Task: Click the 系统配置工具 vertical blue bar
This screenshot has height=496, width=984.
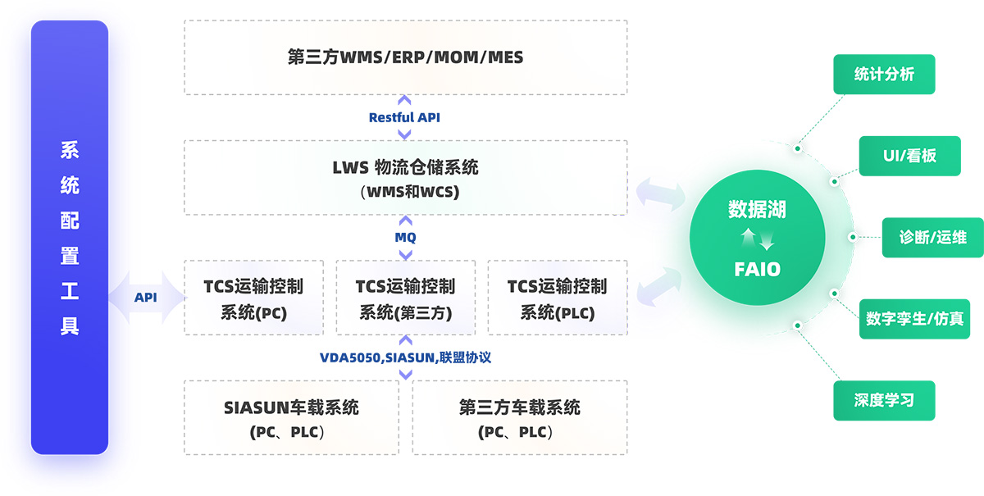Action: point(70,238)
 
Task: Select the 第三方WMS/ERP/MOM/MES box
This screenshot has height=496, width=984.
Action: point(405,57)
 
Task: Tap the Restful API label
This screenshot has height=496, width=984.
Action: point(404,117)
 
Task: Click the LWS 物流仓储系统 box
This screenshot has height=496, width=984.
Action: point(405,178)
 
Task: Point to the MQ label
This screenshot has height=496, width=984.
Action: point(405,238)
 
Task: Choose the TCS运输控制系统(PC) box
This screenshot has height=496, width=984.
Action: point(253,298)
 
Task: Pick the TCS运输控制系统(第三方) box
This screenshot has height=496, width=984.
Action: point(405,298)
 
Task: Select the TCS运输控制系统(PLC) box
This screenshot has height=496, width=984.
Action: point(557,298)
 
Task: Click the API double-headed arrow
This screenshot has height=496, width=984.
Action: point(146,298)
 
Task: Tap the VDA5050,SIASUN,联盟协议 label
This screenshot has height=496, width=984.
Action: point(405,357)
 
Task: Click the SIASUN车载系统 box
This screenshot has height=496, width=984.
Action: point(291,417)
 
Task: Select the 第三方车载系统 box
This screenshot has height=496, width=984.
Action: point(519,417)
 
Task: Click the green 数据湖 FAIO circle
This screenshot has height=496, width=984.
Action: point(757,239)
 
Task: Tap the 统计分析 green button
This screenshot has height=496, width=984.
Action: point(884,75)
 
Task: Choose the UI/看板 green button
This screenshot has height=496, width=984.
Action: point(909,156)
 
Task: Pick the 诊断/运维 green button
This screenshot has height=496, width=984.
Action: point(932,238)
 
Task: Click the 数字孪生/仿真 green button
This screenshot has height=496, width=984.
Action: point(913,319)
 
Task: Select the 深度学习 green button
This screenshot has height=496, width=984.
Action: point(884,401)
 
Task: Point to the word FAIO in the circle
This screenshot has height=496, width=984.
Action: point(757,269)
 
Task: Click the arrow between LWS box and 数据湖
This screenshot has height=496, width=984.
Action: point(660,195)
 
